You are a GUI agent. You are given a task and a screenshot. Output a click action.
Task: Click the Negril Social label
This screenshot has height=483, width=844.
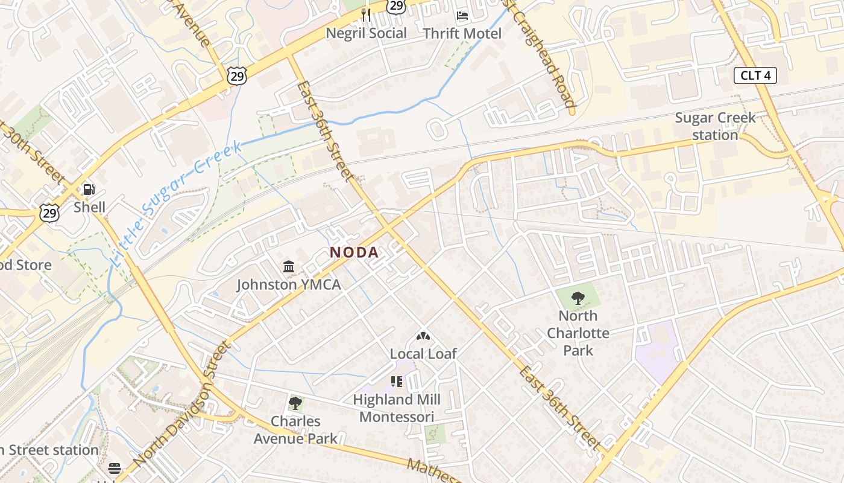click(366, 33)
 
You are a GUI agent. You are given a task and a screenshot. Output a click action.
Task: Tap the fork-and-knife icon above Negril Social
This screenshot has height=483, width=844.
click(366, 14)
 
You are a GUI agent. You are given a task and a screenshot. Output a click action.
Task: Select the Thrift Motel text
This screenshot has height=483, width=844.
click(462, 33)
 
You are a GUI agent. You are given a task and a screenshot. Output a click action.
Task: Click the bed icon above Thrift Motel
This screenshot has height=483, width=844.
click(462, 15)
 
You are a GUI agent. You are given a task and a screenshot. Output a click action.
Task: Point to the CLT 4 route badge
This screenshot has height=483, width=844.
click(755, 76)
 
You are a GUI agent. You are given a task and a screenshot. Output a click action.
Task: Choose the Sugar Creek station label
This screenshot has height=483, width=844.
click(715, 126)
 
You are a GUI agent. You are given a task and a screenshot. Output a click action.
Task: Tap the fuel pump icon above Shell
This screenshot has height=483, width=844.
click(89, 190)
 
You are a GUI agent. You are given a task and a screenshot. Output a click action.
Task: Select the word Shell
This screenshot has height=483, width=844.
click(89, 207)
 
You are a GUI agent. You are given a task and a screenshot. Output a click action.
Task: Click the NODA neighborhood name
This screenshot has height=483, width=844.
click(354, 252)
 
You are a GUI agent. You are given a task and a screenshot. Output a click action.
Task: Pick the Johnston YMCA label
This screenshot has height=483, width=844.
click(288, 284)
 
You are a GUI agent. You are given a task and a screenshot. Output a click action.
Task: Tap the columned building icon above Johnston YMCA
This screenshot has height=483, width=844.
click(289, 266)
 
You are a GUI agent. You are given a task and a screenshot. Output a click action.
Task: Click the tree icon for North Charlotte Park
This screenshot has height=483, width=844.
click(578, 298)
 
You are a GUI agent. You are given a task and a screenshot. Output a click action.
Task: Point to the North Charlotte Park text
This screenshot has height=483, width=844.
click(578, 333)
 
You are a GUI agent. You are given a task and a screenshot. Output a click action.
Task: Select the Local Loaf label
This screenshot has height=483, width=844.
click(423, 354)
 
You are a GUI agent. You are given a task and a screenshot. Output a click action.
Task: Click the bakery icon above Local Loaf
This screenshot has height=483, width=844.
click(423, 336)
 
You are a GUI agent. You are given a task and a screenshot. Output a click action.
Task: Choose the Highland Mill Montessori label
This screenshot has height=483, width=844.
click(396, 408)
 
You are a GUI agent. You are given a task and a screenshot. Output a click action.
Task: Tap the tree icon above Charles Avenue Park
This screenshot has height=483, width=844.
click(295, 403)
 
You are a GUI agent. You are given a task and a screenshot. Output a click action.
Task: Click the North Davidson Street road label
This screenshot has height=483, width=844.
click(181, 403)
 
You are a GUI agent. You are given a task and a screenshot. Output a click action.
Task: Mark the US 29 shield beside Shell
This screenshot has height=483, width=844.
click(49, 213)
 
